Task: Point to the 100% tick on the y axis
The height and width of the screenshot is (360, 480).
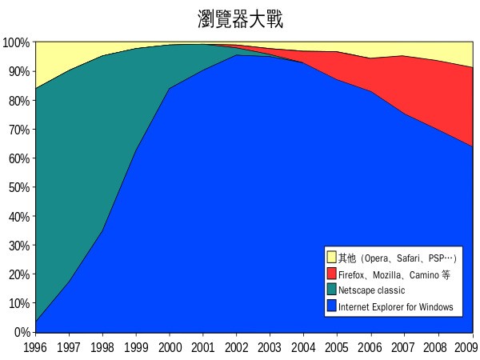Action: (x=16, y=42)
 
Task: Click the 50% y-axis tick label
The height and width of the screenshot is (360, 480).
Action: (x=18, y=187)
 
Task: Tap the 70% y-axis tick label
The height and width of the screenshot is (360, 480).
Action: (x=18, y=129)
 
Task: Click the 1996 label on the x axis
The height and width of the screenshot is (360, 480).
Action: (x=35, y=346)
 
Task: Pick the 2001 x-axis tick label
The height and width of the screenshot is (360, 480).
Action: (x=202, y=346)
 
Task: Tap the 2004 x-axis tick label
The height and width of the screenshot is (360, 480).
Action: (x=303, y=346)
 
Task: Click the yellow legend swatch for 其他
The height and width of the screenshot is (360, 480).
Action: (x=331, y=257)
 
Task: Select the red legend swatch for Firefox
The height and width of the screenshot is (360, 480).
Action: (x=331, y=274)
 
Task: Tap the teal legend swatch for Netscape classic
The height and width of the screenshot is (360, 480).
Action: (x=331, y=290)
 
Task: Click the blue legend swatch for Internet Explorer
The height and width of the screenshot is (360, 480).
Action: (x=331, y=306)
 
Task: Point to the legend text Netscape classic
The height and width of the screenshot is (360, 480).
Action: (x=371, y=290)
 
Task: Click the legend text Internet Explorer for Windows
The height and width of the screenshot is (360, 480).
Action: (x=395, y=307)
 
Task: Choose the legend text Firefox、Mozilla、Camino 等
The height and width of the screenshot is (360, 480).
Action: (x=394, y=274)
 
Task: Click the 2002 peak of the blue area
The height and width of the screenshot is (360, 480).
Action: (x=236, y=55)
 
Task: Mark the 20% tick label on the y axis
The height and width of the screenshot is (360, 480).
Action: (x=18, y=274)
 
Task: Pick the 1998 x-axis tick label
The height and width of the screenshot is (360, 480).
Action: (x=102, y=346)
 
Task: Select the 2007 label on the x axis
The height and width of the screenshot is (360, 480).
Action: (x=404, y=346)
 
